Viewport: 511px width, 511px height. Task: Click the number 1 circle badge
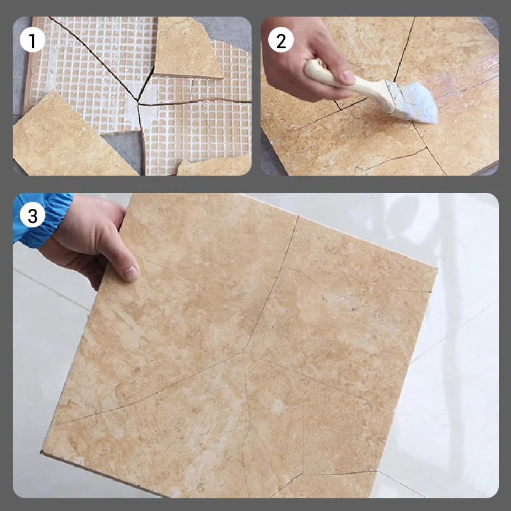tap(33, 41)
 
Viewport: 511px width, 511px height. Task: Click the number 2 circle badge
tap(280, 41)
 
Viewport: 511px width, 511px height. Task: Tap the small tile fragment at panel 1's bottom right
tap(217, 166)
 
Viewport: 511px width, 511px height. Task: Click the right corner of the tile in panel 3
tap(437, 268)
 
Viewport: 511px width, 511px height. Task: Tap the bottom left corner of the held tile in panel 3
tap(43, 452)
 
